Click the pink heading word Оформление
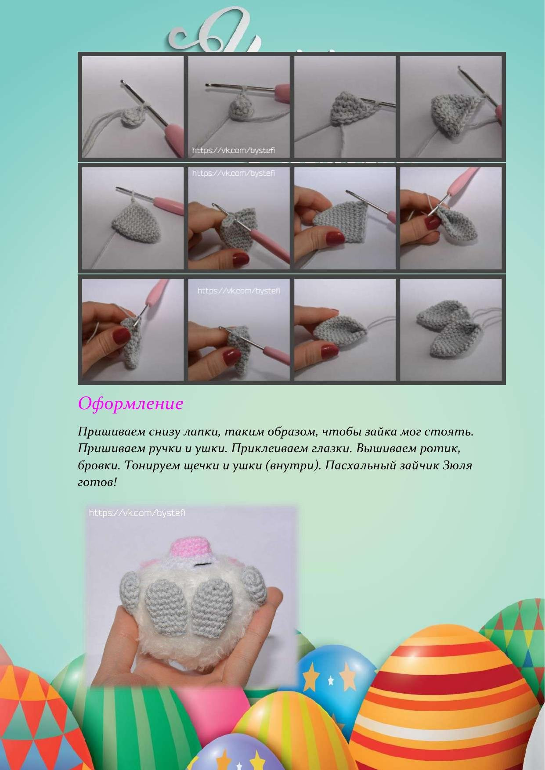130,403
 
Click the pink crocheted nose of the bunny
192,547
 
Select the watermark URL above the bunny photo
137,513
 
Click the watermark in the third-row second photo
238,291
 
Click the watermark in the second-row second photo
234,173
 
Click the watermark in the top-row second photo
234,151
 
